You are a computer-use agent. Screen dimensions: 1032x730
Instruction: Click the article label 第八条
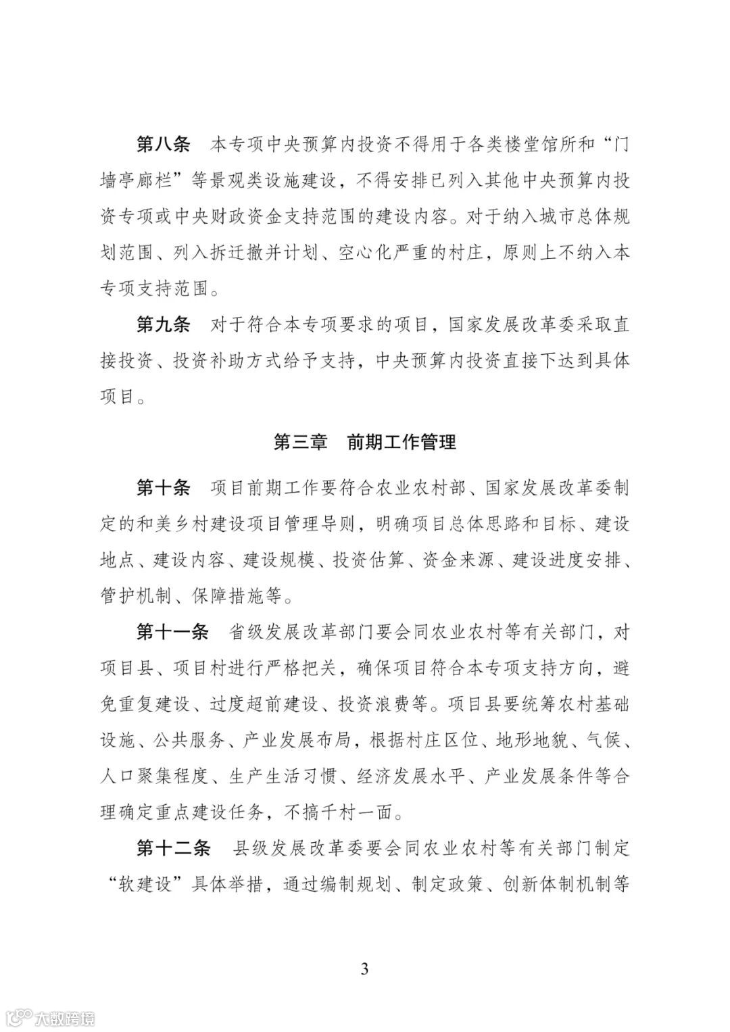[x=163, y=144]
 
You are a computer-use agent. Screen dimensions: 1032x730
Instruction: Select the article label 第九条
[x=163, y=324]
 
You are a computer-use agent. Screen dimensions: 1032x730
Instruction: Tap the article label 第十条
[x=163, y=487]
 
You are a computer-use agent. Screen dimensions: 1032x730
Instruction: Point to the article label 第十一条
[x=172, y=632]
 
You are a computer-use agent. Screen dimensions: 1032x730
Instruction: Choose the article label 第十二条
[x=172, y=847]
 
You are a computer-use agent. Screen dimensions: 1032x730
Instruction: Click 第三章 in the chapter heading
[x=300, y=441]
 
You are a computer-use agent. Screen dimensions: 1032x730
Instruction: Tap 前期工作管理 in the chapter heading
[x=401, y=441]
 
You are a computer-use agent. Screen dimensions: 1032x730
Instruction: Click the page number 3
[x=365, y=968]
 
